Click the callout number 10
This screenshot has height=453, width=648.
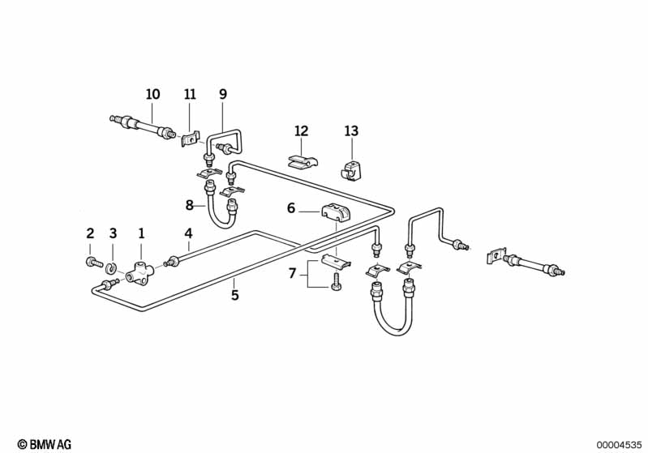(152, 95)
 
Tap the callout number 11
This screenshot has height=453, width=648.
(190, 95)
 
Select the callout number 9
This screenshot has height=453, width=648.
(223, 95)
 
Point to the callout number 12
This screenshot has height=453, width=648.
(302, 130)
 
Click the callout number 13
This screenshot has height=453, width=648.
(350, 130)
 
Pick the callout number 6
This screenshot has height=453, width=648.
(291, 208)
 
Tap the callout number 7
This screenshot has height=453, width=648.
(293, 275)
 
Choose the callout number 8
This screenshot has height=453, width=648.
(190, 206)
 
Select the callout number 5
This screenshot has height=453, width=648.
(235, 296)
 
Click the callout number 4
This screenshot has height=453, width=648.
(188, 233)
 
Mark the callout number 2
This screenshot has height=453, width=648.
(90, 233)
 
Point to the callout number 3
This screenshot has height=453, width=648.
(113, 233)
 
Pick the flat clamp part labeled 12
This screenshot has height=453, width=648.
(300, 160)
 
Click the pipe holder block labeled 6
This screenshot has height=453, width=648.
(334, 215)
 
